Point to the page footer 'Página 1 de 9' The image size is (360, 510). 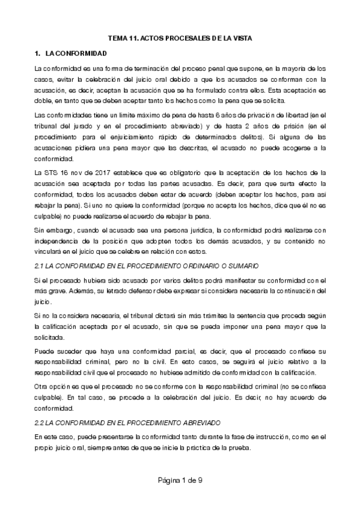180,479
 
